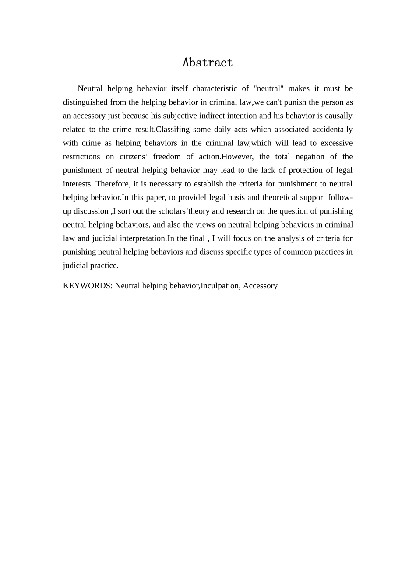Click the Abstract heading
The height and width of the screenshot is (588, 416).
click(x=208, y=63)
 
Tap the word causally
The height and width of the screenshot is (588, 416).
click(x=338, y=115)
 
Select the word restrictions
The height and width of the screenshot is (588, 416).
click(x=81, y=157)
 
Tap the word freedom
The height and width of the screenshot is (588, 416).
click(x=167, y=157)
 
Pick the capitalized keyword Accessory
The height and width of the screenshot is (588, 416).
click(x=260, y=286)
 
